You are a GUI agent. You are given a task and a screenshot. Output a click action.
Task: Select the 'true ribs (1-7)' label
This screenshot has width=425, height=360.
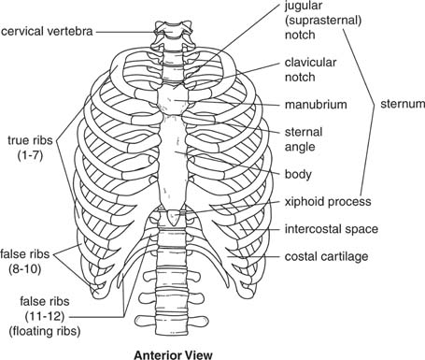31,149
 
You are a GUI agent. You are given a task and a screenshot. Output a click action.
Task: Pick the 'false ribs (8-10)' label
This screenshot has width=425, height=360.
32,258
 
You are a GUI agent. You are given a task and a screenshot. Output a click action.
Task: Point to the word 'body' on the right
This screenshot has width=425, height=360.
298,174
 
